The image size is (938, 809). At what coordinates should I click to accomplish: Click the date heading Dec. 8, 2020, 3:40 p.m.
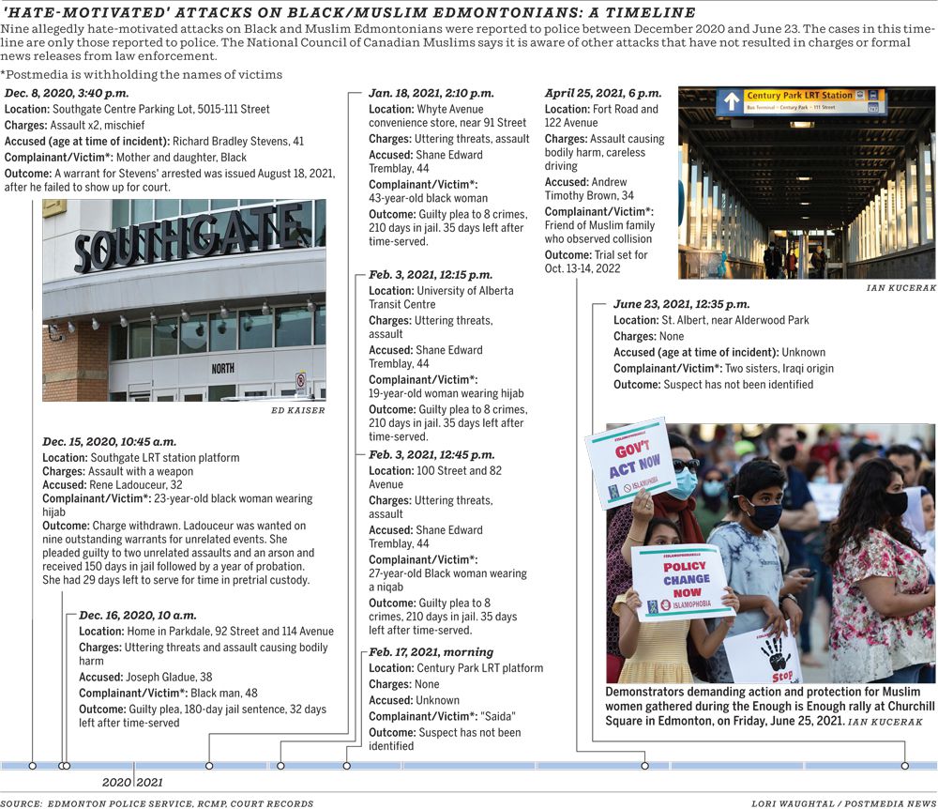67,94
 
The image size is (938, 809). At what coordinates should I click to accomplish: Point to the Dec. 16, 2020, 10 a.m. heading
137,615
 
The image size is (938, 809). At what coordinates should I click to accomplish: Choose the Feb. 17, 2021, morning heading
431,652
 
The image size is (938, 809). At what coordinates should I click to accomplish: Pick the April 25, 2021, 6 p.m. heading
602,94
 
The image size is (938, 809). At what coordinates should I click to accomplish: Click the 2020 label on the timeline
117,782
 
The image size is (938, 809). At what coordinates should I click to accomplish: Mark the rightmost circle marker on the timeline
905,766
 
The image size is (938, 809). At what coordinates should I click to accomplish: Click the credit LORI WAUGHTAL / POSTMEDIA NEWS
843,803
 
